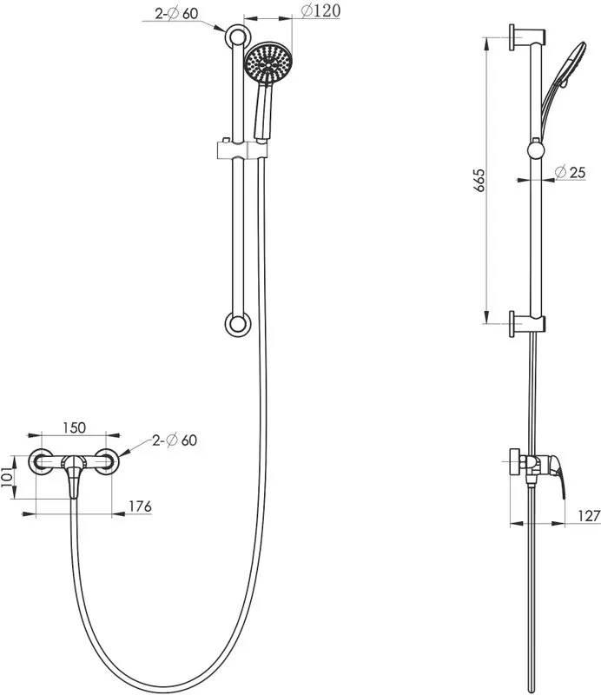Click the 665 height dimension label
click(x=479, y=180)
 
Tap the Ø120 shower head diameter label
click(x=320, y=10)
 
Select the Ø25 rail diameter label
click(x=570, y=171)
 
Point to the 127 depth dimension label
click(x=589, y=515)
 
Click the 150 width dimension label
click(x=74, y=427)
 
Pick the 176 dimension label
click(x=140, y=506)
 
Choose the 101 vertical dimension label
click(x=7, y=476)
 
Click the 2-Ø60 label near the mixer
click(x=175, y=440)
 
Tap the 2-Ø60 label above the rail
click(x=176, y=13)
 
